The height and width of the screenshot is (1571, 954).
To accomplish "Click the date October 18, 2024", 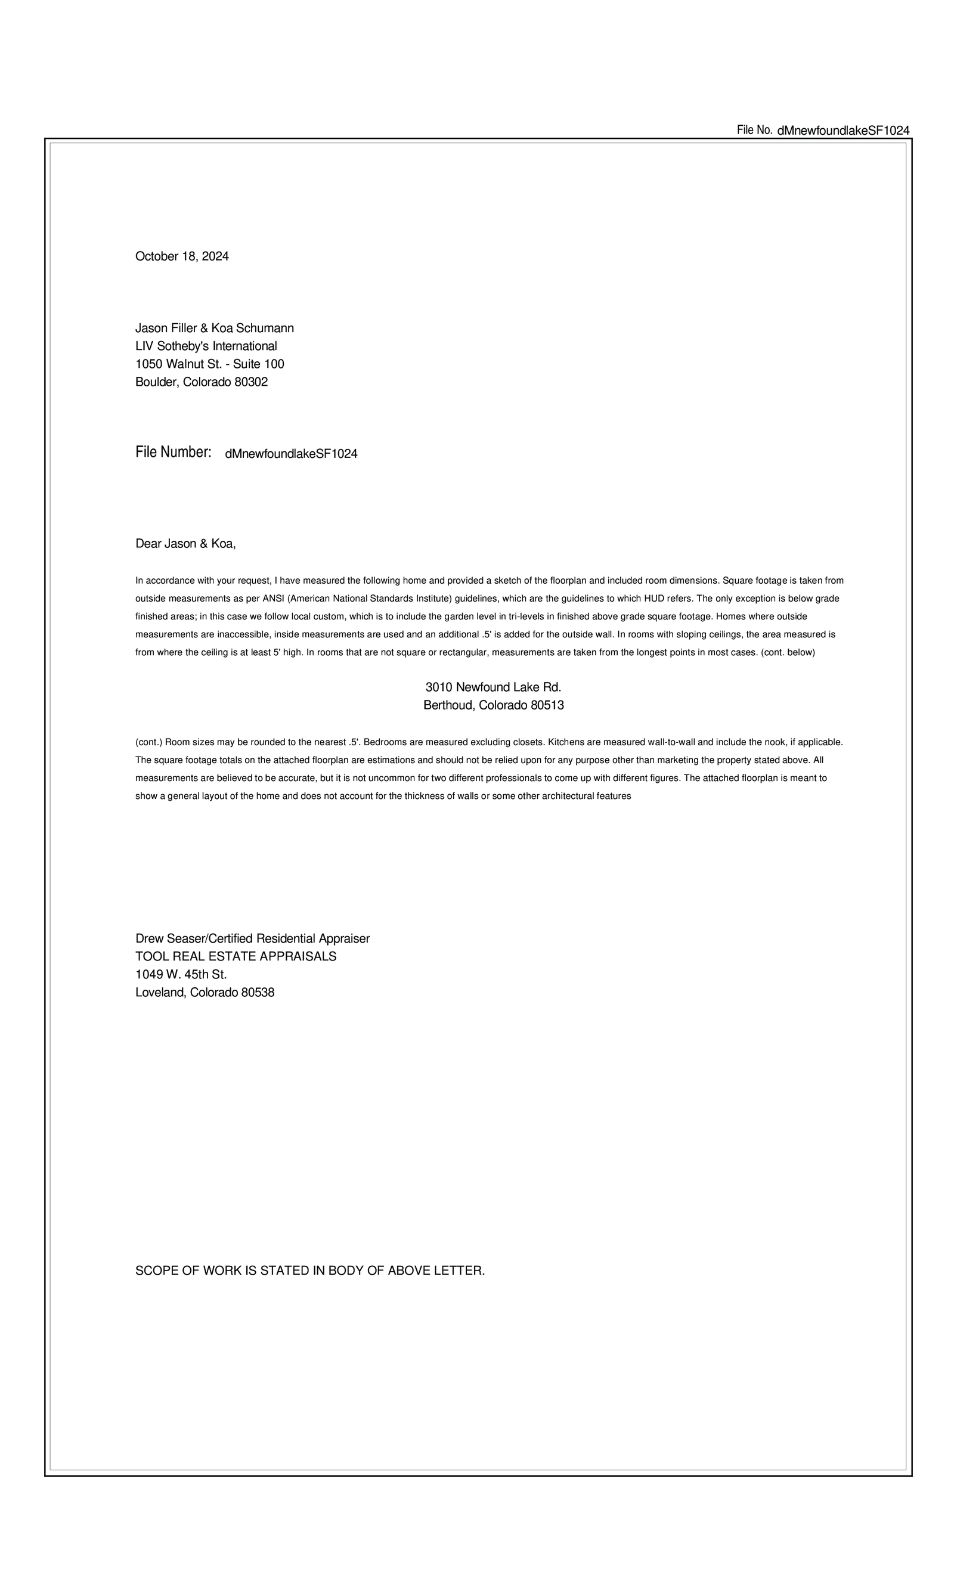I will [x=182, y=256].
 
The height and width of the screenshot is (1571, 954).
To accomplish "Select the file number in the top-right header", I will [x=843, y=131].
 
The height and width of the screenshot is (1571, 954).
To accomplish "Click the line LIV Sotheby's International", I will [x=206, y=346].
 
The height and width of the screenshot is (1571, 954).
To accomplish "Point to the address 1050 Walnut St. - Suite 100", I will [x=209, y=364].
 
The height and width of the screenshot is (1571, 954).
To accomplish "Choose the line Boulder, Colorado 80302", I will [x=202, y=382].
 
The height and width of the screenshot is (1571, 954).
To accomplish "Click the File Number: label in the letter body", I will [x=173, y=453].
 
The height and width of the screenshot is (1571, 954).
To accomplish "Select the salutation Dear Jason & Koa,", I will [x=185, y=544].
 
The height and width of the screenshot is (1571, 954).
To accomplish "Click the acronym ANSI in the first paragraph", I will [x=274, y=599].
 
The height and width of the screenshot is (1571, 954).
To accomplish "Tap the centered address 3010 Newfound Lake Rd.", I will [x=493, y=687].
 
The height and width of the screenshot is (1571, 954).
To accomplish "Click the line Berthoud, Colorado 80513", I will [x=493, y=705].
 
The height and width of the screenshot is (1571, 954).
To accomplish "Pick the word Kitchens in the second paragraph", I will [x=566, y=742].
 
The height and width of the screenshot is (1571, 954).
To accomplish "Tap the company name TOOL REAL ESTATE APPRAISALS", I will [x=236, y=956].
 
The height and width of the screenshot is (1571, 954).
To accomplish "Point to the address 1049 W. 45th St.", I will [x=181, y=974].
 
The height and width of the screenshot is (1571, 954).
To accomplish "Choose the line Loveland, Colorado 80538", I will [x=205, y=992].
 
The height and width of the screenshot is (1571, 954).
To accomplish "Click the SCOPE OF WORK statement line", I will [x=310, y=1271].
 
